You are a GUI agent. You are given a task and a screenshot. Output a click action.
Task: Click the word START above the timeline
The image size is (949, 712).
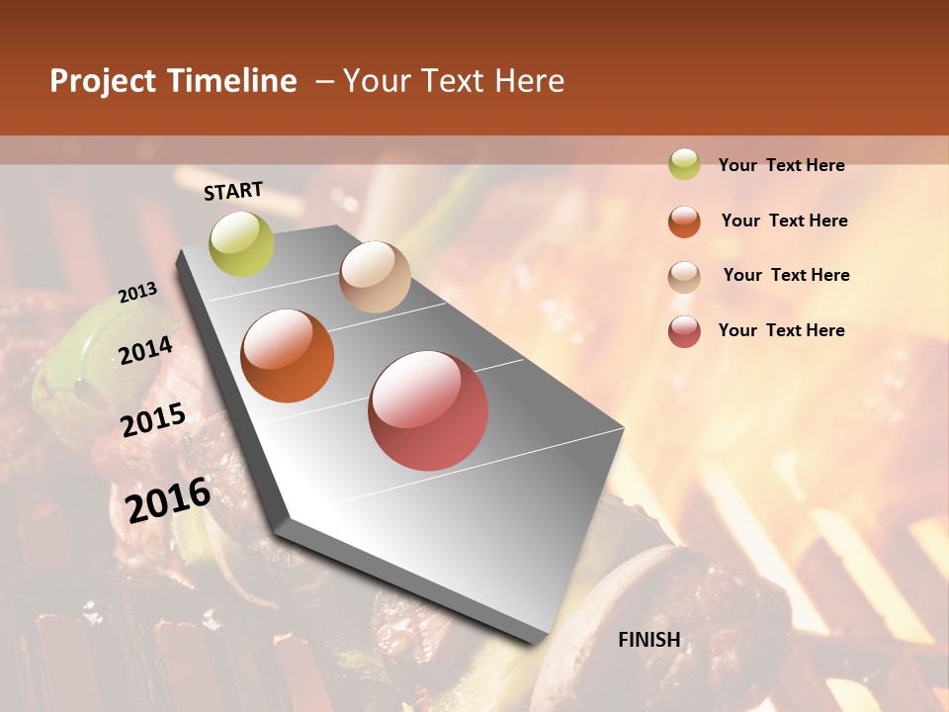tap(233, 191)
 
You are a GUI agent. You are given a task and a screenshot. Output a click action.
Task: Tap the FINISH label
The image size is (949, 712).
tap(649, 640)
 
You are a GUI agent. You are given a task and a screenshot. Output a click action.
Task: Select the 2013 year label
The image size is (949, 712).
tap(137, 293)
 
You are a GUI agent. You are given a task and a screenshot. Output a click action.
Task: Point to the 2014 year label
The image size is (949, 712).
tap(145, 350)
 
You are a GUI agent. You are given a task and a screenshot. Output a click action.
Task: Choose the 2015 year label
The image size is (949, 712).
tap(153, 420)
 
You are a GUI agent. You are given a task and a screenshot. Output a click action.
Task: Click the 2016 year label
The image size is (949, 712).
tap(168, 499)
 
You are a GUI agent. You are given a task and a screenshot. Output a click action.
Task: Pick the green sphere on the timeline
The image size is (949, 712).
tap(241, 244)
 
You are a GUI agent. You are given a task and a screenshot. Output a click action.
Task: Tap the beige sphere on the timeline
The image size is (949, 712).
tap(375, 277)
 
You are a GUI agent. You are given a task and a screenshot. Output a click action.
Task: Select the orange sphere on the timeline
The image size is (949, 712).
tap(288, 356)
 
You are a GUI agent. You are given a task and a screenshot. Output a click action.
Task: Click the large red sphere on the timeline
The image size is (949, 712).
tap(428, 410)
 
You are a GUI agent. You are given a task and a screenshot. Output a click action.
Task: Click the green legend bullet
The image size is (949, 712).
tap(684, 164)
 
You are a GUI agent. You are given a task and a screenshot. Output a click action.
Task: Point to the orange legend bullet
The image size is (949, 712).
tap(684, 221)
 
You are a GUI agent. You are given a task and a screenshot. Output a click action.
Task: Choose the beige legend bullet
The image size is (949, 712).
tap(684, 276)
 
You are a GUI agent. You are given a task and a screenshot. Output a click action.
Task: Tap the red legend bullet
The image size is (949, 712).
tap(684, 331)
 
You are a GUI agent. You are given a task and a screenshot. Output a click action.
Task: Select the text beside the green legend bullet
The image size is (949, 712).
tap(782, 165)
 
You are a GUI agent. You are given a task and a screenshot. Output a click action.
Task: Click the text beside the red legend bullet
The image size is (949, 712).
tap(782, 330)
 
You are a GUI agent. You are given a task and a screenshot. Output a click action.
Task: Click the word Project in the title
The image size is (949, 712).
tap(103, 82)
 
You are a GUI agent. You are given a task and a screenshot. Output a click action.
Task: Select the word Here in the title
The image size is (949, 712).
tap(530, 81)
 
